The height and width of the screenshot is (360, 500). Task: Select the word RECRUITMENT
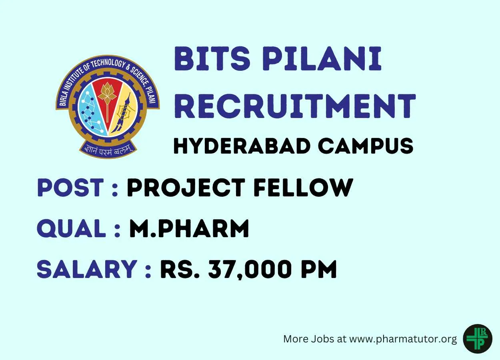coord(295,106)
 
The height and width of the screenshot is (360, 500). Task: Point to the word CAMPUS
coord(366,146)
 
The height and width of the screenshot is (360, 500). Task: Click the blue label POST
coord(70,188)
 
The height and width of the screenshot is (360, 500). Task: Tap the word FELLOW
coord(303,188)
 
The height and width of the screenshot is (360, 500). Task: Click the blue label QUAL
coord(72,228)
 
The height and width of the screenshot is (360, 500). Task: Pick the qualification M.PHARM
coord(189,228)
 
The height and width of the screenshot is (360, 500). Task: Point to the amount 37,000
coord(250,269)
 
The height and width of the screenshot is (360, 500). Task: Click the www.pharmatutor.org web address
coord(403,339)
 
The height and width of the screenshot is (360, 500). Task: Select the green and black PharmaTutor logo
coord(478,339)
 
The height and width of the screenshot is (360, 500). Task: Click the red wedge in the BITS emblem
coord(107,100)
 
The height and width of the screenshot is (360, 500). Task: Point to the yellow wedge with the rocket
coord(124,109)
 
